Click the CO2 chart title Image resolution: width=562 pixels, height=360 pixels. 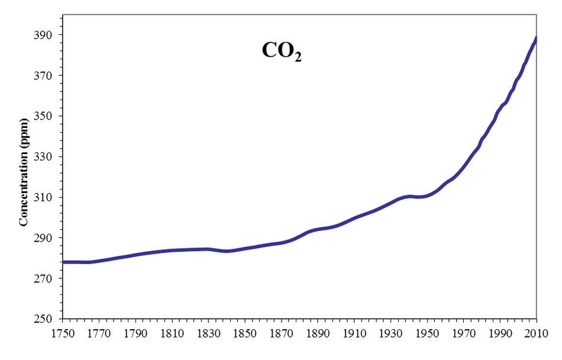tap(281, 52)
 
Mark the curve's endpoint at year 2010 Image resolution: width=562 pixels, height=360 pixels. tap(536, 39)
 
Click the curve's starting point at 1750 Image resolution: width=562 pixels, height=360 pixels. tap(64, 262)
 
